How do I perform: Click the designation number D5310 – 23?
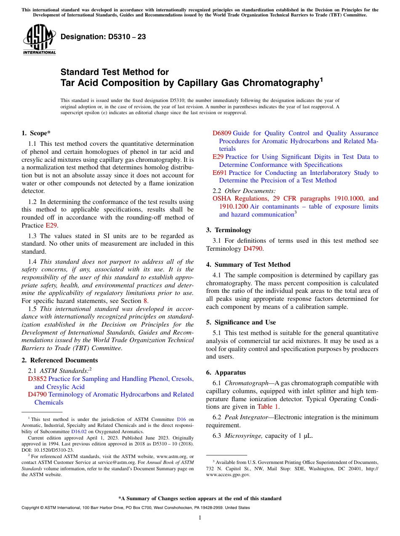click(103, 37)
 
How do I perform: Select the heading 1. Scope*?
click(36, 133)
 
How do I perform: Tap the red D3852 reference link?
click(37, 379)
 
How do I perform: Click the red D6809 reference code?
click(221, 133)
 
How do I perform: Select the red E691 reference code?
click(220, 173)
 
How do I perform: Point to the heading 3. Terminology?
click(229, 230)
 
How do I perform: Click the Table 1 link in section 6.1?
click(268, 407)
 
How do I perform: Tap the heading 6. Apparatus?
click(226, 373)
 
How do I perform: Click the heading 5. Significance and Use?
click(241, 322)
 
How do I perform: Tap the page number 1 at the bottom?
click(200, 518)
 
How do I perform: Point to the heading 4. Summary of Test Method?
click(248, 265)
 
